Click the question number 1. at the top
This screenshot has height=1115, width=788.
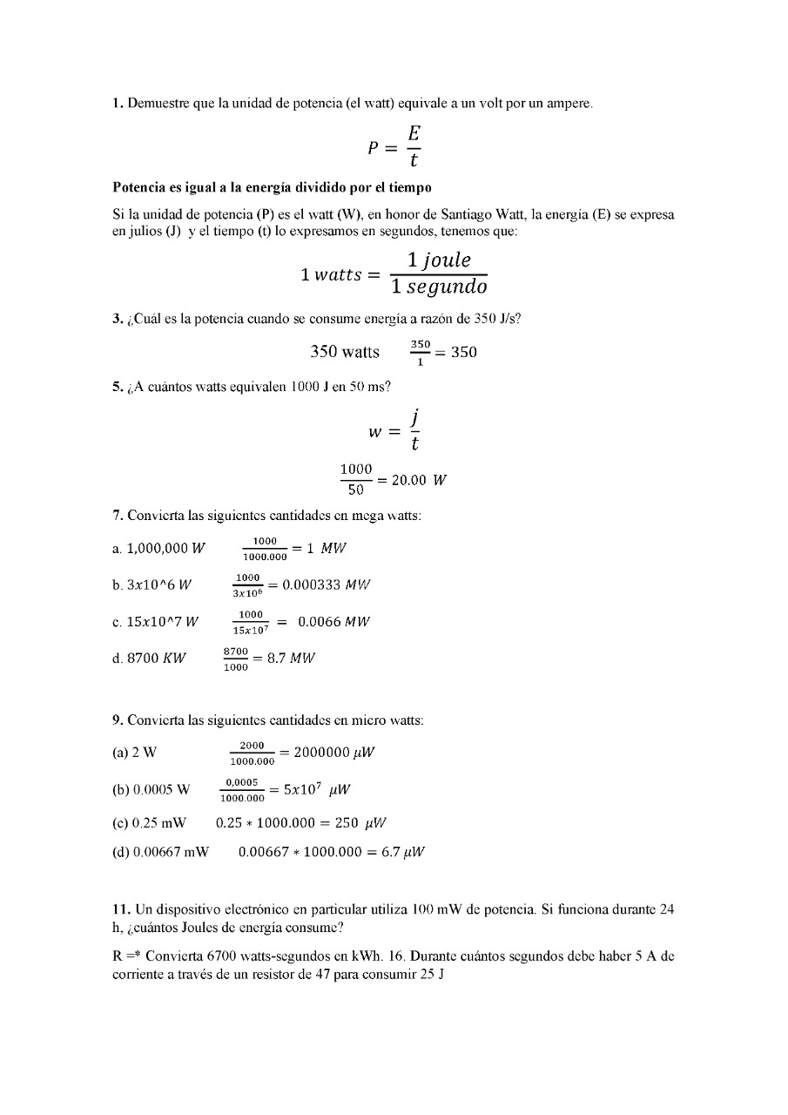pyautogui.click(x=118, y=104)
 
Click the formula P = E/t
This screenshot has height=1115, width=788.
pyautogui.click(x=394, y=146)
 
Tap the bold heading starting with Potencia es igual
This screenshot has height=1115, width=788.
pyautogui.click(x=272, y=187)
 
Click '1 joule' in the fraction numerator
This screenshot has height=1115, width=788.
pyautogui.click(x=439, y=260)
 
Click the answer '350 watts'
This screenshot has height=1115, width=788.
pyautogui.click(x=345, y=352)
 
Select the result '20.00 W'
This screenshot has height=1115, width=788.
pyautogui.click(x=419, y=479)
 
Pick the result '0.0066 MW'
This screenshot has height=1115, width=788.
pyautogui.click(x=334, y=622)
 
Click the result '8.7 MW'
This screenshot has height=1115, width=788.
pyautogui.click(x=291, y=659)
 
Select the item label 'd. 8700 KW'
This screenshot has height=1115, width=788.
pyautogui.click(x=149, y=659)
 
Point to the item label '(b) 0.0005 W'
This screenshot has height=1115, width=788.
pyautogui.click(x=151, y=790)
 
